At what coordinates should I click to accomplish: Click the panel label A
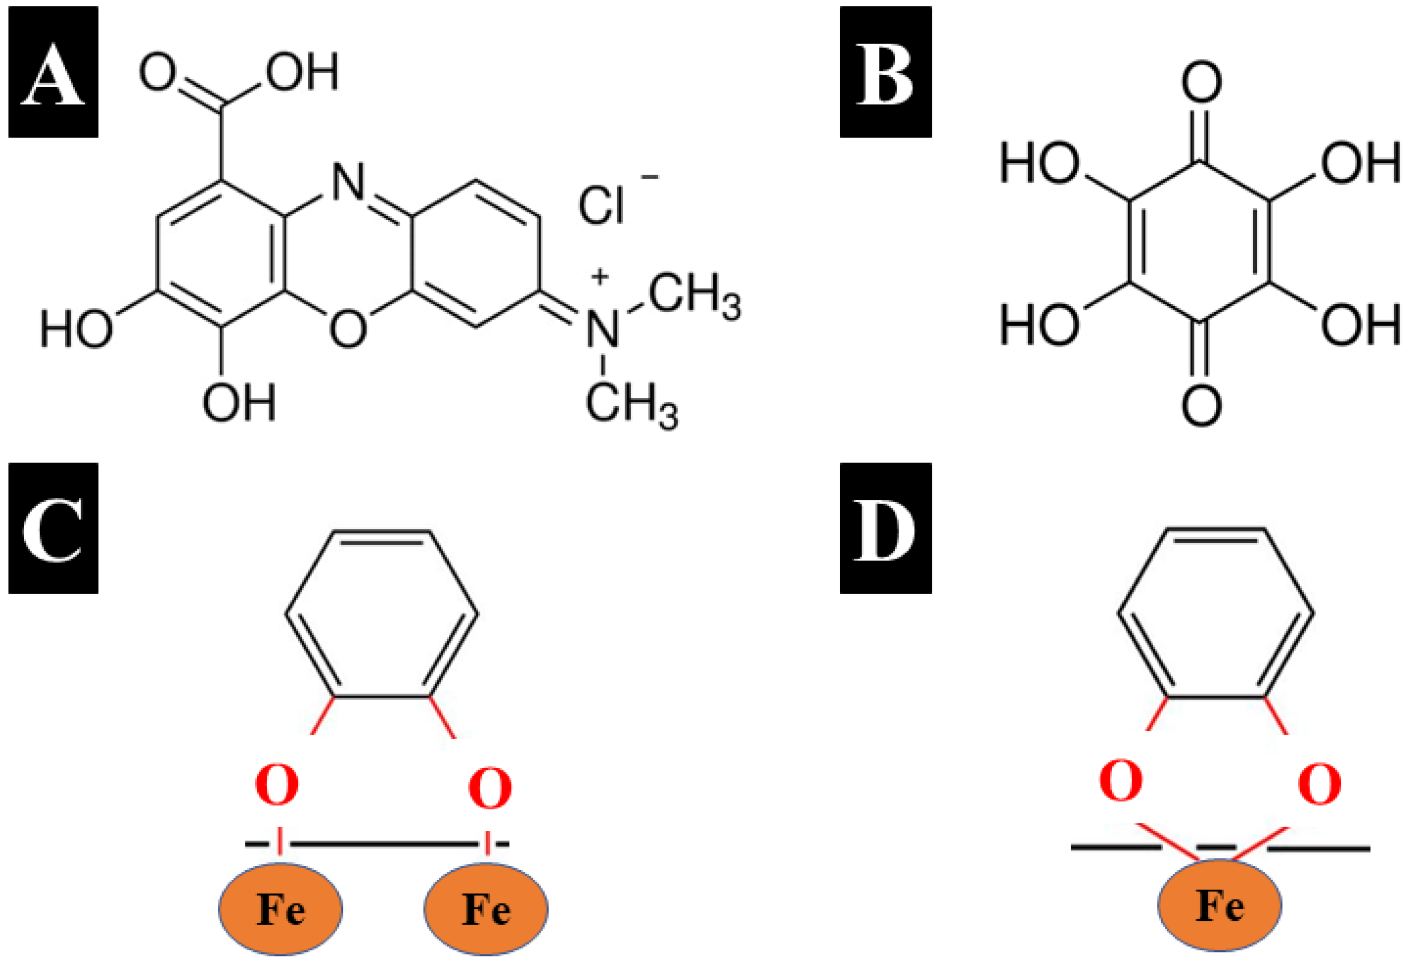pyautogui.click(x=53, y=72)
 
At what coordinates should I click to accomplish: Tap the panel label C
pyautogui.click(x=53, y=529)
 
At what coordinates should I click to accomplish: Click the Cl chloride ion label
pyautogui.click(x=601, y=205)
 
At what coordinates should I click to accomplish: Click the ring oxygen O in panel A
pyautogui.click(x=348, y=329)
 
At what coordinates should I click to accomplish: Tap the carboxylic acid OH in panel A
pyautogui.click(x=302, y=72)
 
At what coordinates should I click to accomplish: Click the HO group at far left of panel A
pyautogui.click(x=76, y=329)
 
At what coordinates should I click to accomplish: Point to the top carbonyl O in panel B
pyautogui.click(x=1201, y=83)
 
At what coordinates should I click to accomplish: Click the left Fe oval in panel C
pyautogui.click(x=280, y=909)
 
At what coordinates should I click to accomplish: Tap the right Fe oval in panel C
pyautogui.click(x=486, y=909)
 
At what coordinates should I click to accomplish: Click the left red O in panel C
pyautogui.click(x=277, y=785)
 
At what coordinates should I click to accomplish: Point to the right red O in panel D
pyautogui.click(x=1320, y=783)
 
